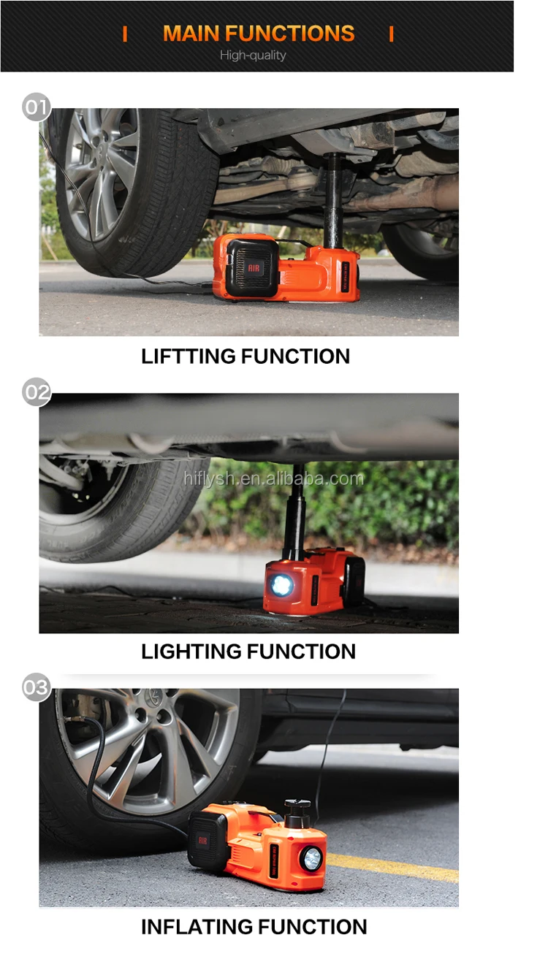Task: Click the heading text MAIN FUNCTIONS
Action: [259, 34]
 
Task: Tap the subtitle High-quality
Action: [253, 56]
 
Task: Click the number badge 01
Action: [36, 108]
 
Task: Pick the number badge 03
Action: [36, 687]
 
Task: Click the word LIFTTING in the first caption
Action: [189, 356]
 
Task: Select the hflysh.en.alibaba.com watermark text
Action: [273, 479]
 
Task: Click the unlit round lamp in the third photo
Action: [311, 858]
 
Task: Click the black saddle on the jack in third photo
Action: [296, 808]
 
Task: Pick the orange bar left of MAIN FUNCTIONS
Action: [125, 34]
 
